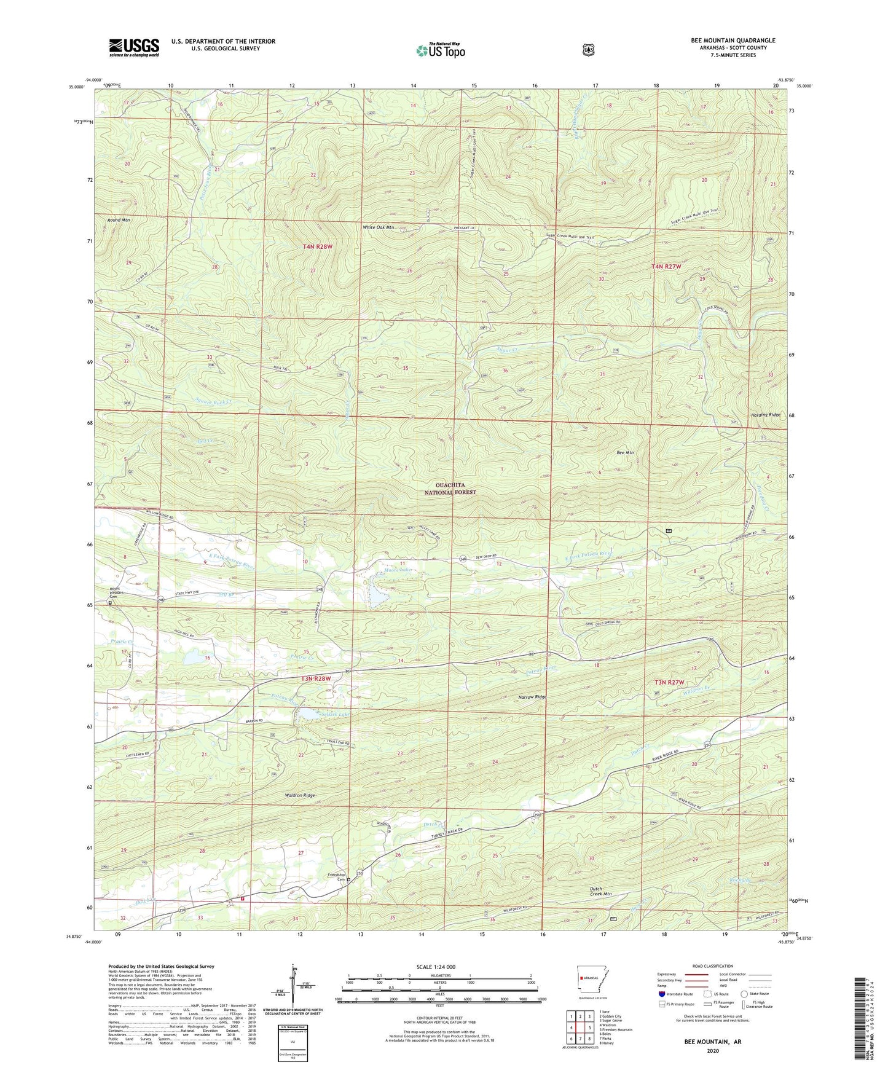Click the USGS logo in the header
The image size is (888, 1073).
click(x=134, y=47)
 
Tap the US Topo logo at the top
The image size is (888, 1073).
click(x=440, y=50)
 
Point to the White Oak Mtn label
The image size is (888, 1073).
click(x=378, y=227)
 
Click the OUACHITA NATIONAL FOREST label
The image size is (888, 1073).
click(x=441, y=489)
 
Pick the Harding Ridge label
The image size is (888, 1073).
click(x=765, y=415)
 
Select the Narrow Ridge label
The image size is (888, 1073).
click(x=532, y=697)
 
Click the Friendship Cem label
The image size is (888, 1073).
click(x=336, y=877)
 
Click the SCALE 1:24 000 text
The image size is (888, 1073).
click(x=436, y=967)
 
